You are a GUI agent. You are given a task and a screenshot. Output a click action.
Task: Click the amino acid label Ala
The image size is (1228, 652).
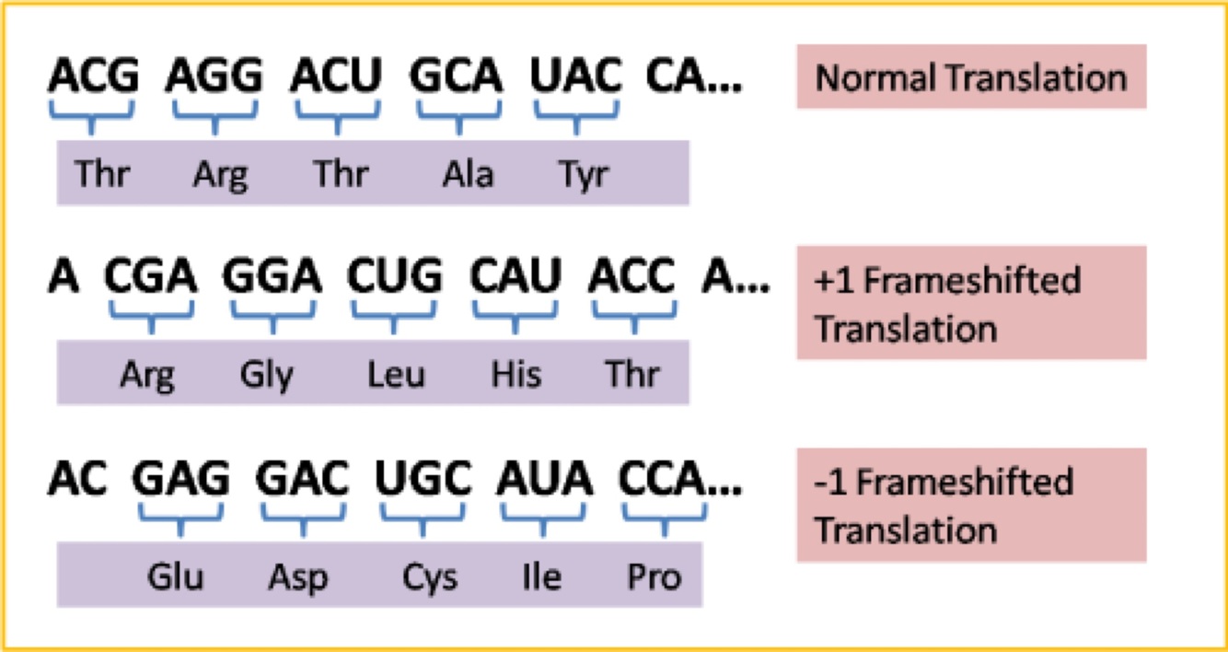pyautogui.click(x=467, y=174)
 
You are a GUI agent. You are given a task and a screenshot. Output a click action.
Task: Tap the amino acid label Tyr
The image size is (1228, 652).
pyautogui.click(x=584, y=174)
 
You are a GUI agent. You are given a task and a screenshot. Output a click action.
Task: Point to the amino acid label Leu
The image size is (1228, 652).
pyautogui.click(x=396, y=375)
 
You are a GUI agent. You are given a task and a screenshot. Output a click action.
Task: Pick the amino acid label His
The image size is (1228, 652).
pyautogui.click(x=516, y=375)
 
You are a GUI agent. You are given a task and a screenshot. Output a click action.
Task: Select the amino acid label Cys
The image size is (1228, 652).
pyautogui.click(x=429, y=577)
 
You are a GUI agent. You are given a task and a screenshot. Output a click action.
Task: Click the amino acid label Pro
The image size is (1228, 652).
pyautogui.click(x=655, y=577)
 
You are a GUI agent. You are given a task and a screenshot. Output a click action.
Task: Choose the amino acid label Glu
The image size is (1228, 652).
pyautogui.click(x=175, y=577)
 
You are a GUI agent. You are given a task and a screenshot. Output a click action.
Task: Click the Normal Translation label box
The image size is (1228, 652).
pyautogui.click(x=971, y=77)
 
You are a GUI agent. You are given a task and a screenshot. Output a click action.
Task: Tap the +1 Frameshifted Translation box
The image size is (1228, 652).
pyautogui.click(x=971, y=303)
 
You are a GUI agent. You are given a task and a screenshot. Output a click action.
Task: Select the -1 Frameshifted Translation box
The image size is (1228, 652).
pyautogui.click(x=971, y=506)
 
